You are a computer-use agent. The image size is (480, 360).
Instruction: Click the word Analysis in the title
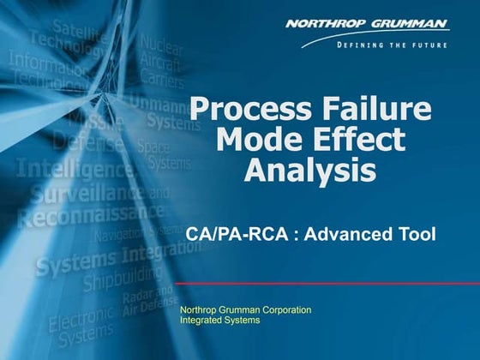tap(309, 169)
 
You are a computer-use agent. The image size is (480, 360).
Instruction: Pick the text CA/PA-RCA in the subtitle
tap(229, 232)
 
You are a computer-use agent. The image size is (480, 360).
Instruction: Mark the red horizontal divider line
tap(326, 284)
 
